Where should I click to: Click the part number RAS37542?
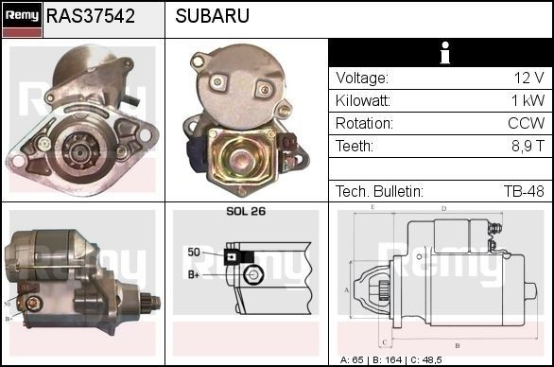(x=90, y=16)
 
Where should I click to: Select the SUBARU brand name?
(x=213, y=16)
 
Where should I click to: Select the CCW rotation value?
(x=526, y=124)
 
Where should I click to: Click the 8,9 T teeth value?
(x=526, y=147)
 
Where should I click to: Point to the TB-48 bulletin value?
(x=523, y=192)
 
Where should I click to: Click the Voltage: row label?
(x=362, y=79)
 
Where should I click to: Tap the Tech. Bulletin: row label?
(x=378, y=192)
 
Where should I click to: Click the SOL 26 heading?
(x=246, y=212)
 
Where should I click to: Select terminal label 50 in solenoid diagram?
(x=193, y=253)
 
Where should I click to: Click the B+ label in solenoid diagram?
(x=194, y=274)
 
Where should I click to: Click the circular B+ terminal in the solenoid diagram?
(x=251, y=275)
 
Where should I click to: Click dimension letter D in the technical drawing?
(x=444, y=209)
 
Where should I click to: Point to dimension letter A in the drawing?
(x=347, y=289)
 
